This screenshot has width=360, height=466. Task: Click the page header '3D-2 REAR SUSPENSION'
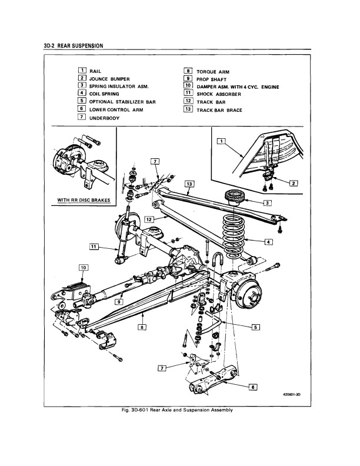coord(74,46)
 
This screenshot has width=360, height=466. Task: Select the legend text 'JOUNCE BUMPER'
coord(109,79)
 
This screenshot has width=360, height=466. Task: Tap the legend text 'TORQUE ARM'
coord(213,72)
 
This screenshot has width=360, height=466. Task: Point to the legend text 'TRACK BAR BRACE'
coord(219,110)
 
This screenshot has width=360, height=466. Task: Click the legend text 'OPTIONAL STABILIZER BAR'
coord(122,102)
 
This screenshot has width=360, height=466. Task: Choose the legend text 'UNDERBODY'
coord(105,118)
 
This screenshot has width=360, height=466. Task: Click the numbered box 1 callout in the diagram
coord(221,141)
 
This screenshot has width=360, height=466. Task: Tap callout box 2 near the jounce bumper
coord(294,183)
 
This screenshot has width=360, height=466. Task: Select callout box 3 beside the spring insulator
coord(267,203)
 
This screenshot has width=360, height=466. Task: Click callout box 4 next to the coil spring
coord(268,242)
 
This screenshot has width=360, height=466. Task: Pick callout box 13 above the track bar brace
coord(189,184)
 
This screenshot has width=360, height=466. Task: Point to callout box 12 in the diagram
coord(149,219)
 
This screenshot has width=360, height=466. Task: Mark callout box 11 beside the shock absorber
coord(94,247)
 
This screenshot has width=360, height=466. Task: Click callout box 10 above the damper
coord(83,268)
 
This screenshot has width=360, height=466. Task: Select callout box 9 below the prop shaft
coord(119,302)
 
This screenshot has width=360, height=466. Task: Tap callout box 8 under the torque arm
coord(142,327)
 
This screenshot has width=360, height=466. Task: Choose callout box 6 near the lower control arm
coord(253,387)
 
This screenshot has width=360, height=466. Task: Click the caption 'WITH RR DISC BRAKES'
coord(84,200)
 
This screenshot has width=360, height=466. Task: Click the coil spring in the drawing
coord(234,238)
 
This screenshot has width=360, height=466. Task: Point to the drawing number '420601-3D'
coord(292,395)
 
